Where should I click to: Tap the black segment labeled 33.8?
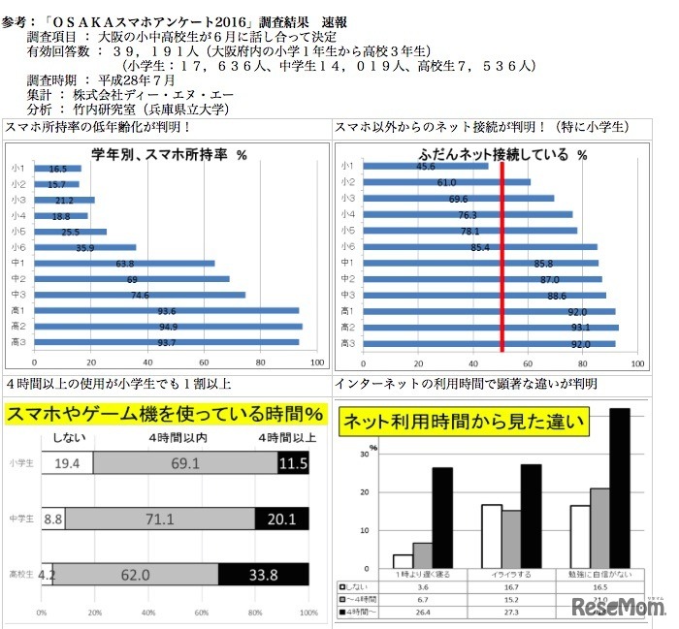click(x=263, y=575)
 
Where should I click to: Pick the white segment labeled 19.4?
click(x=67, y=464)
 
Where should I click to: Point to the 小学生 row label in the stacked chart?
click(x=19, y=464)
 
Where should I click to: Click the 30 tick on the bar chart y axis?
click(x=363, y=453)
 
